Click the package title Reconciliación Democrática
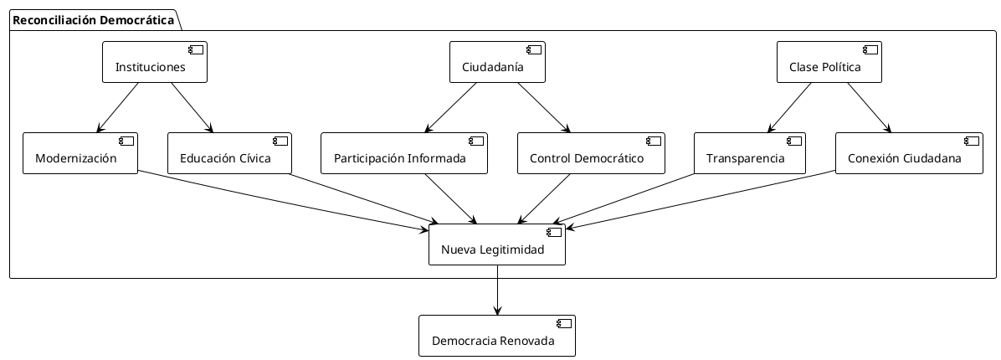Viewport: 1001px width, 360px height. click(x=93, y=19)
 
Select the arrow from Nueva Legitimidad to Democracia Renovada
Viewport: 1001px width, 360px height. click(x=497, y=290)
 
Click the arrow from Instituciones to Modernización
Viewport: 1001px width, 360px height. click(x=118, y=107)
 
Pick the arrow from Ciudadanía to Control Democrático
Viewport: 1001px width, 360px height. click(x=543, y=107)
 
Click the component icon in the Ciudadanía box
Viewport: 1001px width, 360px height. click(x=531, y=49)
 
